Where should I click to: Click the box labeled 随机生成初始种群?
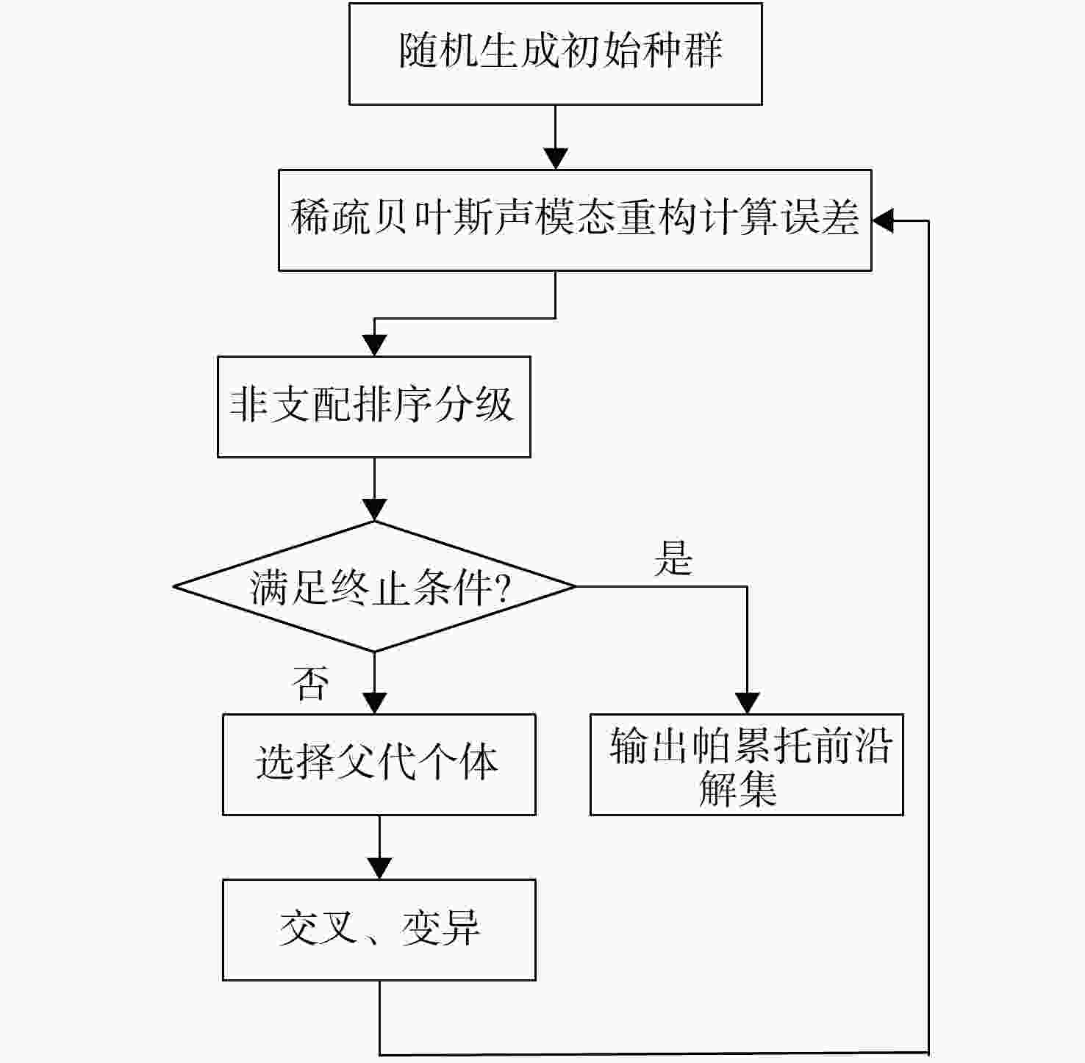click(555, 54)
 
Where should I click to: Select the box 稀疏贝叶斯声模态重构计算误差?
click(574, 220)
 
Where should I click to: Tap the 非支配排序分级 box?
click(373, 406)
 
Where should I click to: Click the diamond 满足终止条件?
click(374, 586)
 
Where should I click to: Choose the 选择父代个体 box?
click(379, 764)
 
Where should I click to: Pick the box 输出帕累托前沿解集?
click(746, 764)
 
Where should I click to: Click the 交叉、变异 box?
click(379, 929)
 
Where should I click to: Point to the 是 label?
click(673, 558)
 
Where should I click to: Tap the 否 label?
click(309, 683)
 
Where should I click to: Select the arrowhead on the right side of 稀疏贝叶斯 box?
click(882, 220)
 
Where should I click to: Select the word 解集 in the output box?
click(737, 790)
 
